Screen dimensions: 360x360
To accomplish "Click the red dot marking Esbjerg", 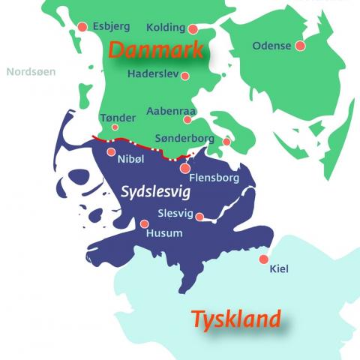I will coord(83,28).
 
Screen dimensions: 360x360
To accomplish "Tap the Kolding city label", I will coord(166,28).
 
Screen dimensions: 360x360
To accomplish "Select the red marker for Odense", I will coord(301,46).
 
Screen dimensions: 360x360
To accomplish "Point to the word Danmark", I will coord(156,51).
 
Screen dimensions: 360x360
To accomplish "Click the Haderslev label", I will coord(153,75).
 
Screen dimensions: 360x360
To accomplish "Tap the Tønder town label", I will coord(118,118).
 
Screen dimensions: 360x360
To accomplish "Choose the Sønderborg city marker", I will coord(226,141).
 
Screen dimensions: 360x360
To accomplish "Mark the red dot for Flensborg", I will coord(185,169).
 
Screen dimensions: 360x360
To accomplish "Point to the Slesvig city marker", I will coord(200,216).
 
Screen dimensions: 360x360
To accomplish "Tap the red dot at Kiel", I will coord(263,259).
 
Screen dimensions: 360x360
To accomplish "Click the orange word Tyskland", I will coord(236,319).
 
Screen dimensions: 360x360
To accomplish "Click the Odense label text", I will coord(271,46).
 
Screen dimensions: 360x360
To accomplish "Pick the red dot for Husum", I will coord(144,223).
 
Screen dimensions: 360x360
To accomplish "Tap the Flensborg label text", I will coord(215,178).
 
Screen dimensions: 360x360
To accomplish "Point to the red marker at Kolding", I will coord(193,30).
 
